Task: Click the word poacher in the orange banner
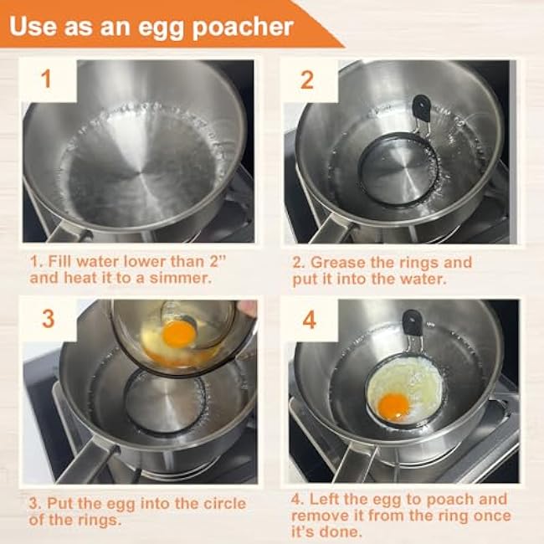point(243,28)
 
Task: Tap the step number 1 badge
point(47,79)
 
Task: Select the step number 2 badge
point(306,80)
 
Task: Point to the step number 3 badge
point(49,319)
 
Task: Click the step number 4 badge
point(309,320)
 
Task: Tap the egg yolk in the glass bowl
point(179,334)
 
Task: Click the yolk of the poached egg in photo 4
point(394,407)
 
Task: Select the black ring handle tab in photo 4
point(413,323)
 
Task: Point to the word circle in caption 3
point(225,503)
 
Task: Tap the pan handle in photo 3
point(85,462)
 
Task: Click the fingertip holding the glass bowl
point(248,307)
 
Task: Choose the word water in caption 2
point(420,280)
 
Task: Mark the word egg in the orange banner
point(161,29)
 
